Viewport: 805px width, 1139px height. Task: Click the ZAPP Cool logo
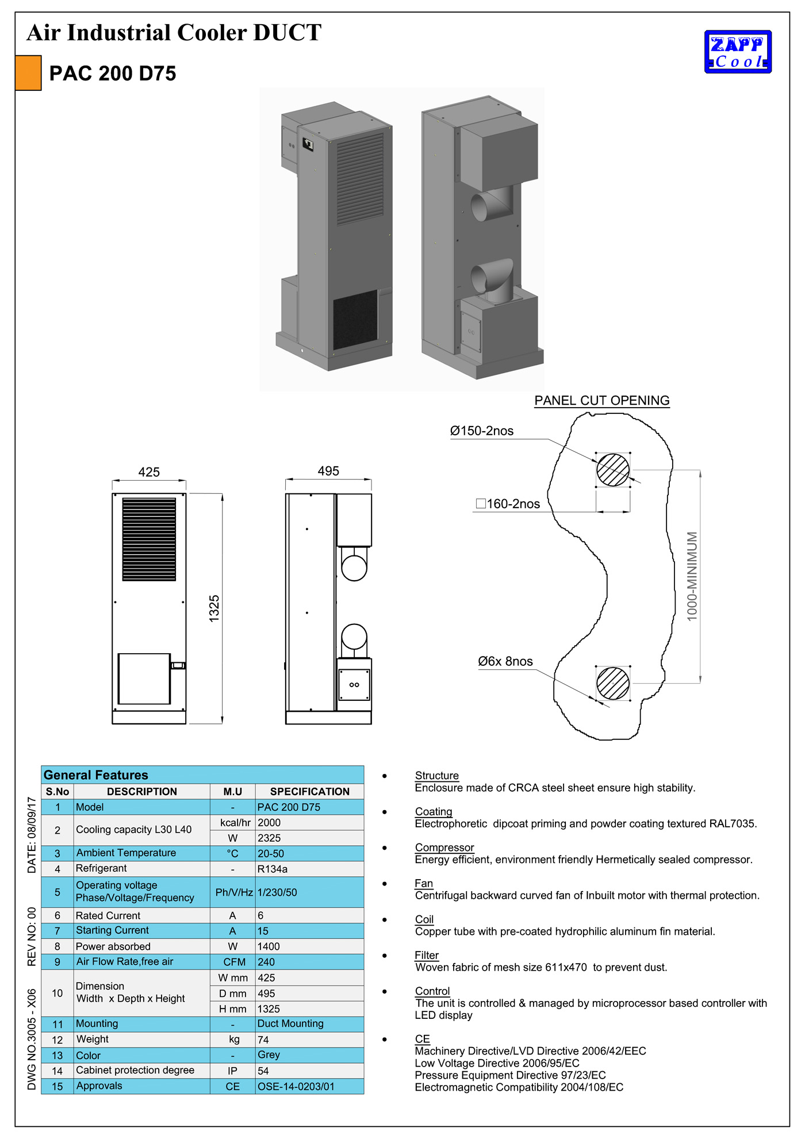(x=738, y=52)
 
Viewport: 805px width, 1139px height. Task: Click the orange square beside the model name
(x=28, y=73)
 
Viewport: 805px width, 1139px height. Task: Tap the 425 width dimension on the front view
(x=149, y=472)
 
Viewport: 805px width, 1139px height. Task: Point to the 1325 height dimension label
(x=214, y=608)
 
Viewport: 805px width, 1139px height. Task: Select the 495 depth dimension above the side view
(x=328, y=471)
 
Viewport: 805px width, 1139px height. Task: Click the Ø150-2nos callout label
(x=482, y=431)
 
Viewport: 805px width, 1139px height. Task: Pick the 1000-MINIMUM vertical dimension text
(x=692, y=576)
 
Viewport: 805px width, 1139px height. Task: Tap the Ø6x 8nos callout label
(x=505, y=661)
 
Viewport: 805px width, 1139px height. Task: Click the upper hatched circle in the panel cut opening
(x=613, y=470)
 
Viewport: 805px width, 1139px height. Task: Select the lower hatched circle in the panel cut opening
(x=613, y=683)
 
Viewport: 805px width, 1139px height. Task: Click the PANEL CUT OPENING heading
(x=602, y=401)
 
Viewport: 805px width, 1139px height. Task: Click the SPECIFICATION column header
(x=309, y=792)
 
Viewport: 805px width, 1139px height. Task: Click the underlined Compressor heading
(x=444, y=847)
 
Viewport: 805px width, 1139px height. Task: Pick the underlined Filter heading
(x=427, y=955)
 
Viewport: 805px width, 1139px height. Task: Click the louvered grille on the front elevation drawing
(x=149, y=539)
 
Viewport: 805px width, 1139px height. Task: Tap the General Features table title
(x=96, y=775)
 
